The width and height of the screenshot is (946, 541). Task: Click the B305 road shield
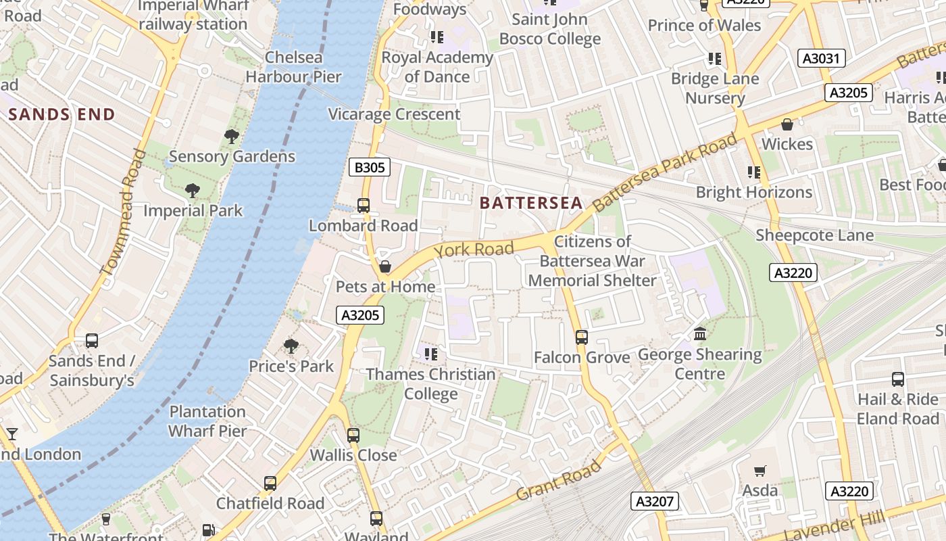(370, 167)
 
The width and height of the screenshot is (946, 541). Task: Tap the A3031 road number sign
(821, 58)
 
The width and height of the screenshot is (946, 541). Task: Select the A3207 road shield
(655, 501)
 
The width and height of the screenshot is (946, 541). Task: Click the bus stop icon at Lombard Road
(364, 205)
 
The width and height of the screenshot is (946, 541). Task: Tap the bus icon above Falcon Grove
(581, 337)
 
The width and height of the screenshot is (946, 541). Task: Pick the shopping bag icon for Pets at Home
(385, 266)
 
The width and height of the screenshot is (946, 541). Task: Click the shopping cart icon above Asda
(760, 471)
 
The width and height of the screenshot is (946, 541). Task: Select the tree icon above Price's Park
(291, 346)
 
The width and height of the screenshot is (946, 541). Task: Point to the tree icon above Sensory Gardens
(232, 137)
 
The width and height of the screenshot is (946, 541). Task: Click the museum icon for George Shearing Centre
(700, 334)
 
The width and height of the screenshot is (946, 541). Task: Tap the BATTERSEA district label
(530, 203)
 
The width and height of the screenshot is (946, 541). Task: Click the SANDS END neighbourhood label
(61, 114)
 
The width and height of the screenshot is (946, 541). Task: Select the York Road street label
(474, 250)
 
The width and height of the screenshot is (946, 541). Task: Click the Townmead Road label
(124, 212)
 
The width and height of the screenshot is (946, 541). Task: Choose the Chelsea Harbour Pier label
(293, 67)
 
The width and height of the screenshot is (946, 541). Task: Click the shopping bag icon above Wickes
(787, 124)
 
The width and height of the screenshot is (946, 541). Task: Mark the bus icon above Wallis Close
(353, 435)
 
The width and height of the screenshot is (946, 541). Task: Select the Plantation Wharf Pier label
(207, 421)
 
